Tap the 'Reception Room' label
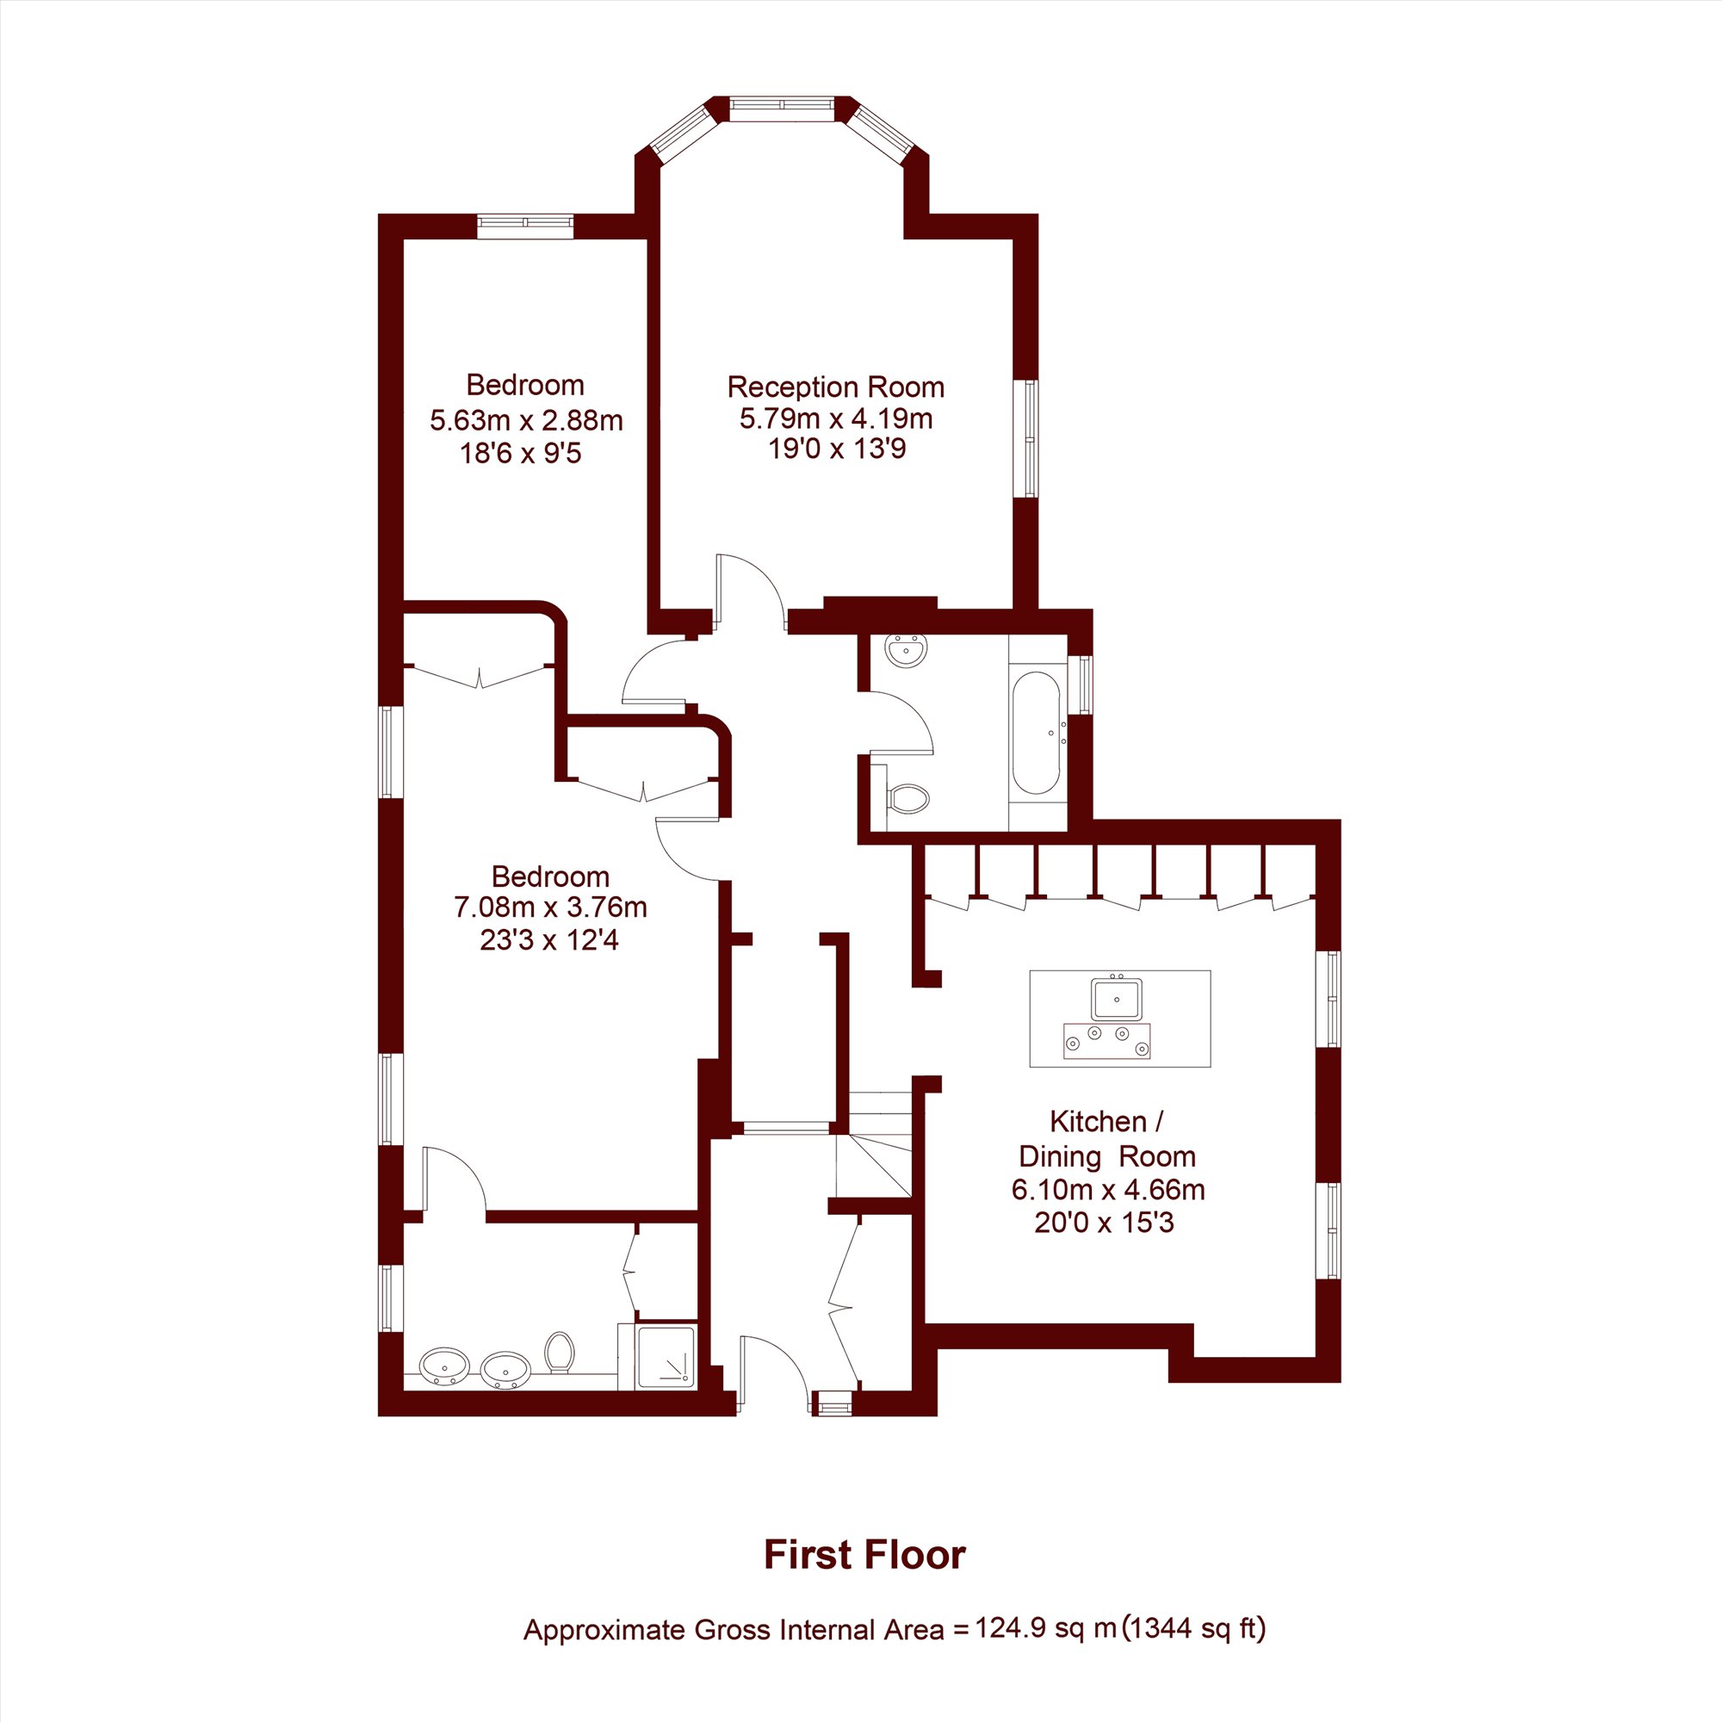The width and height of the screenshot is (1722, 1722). coord(835,387)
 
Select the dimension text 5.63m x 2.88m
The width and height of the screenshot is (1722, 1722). coord(526,420)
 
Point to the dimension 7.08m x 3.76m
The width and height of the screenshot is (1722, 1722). coord(550,907)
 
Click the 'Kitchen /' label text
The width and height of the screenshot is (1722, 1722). coord(1106,1120)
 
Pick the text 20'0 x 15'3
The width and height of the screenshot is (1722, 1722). coord(1105,1222)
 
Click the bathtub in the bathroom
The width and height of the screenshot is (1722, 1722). coord(1037,733)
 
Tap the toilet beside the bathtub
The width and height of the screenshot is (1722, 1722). coord(907,798)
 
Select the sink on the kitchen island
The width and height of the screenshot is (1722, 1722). coord(1116,998)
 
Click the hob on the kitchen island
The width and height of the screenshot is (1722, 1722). coord(1106,1041)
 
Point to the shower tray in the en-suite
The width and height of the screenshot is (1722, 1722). coord(666,1357)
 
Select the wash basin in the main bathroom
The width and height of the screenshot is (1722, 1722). coord(907,650)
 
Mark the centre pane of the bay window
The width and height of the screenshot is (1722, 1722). coord(782,105)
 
